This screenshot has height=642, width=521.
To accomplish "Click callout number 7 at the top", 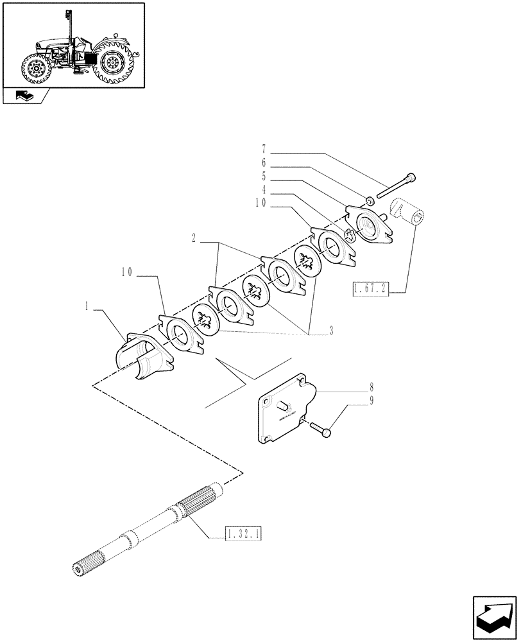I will tap(263, 155).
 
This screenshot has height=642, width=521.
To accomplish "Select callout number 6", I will tap(263, 163).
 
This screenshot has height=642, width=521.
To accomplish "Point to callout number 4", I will tap(263, 189).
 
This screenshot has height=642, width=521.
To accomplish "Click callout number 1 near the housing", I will tap(85, 307).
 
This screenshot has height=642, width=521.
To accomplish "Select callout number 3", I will tap(331, 331).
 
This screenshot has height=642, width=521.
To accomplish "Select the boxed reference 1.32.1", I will tap(245, 534).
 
